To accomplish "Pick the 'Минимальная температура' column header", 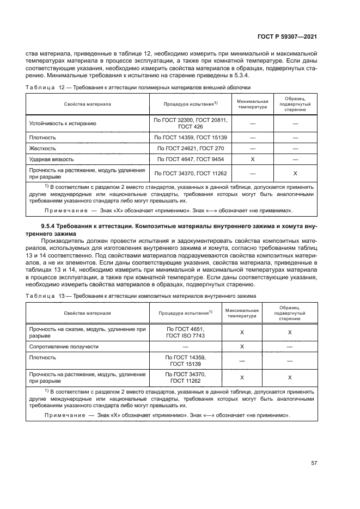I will pos(252,104).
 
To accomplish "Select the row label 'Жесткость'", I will pos(42,148).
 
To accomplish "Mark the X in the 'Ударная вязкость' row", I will pos(252,159).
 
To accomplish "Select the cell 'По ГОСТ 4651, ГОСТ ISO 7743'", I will pos(185,332).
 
